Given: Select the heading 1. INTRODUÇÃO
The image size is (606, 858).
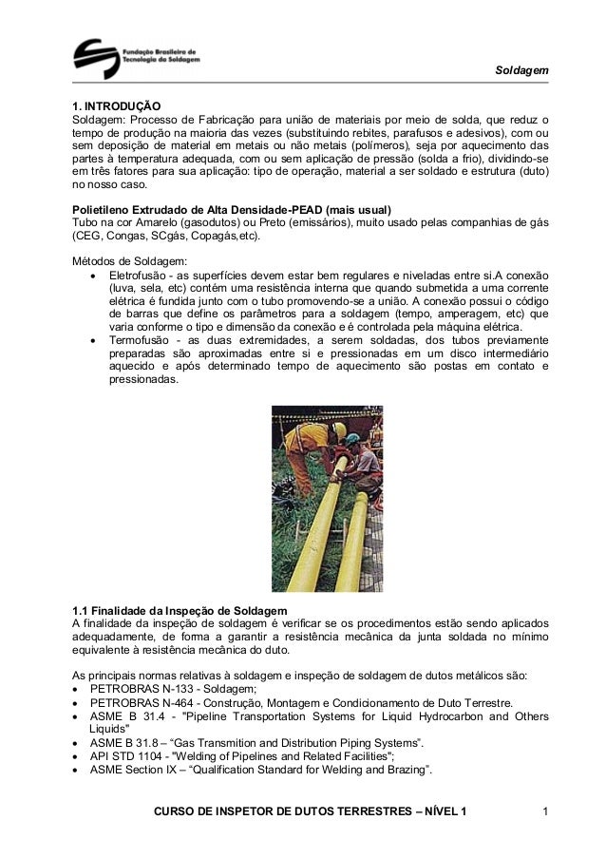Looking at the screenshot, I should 117,105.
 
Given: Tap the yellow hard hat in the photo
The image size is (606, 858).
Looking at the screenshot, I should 338,429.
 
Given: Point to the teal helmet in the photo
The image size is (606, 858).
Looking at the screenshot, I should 352,439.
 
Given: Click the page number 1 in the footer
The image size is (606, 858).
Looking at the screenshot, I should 545,811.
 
